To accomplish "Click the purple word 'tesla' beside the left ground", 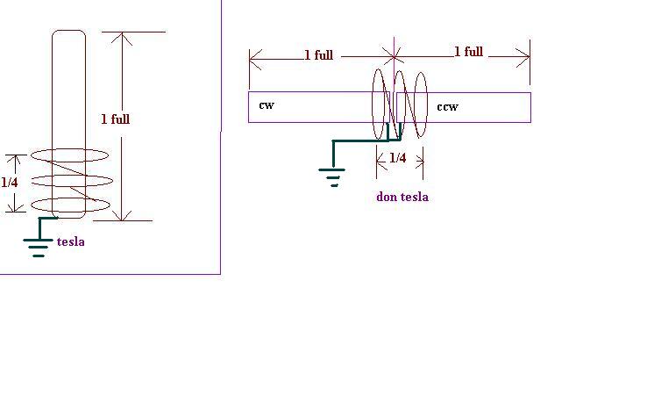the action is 71,241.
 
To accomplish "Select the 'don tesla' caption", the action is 402,197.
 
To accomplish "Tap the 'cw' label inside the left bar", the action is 267,105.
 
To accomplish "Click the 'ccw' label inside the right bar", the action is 447,107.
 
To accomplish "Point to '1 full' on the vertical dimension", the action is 116,119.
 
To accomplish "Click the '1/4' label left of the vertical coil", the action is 10,182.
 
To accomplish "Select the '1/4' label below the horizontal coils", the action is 398,157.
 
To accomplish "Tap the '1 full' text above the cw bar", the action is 318,55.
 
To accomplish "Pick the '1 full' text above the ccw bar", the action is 468,52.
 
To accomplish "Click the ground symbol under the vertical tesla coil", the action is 39,248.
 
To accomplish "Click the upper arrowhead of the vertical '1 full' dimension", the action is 122,37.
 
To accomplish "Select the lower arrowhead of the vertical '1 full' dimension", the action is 122,215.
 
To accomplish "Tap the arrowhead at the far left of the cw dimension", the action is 254,59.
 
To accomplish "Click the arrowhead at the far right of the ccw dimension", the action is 524,56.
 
